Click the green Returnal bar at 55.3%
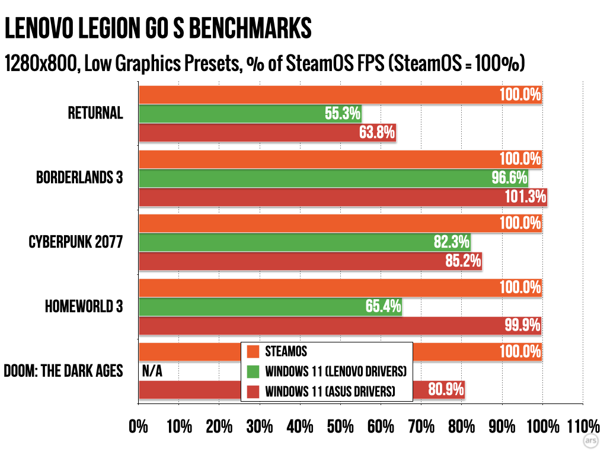click(250, 114)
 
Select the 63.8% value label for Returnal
click(377, 132)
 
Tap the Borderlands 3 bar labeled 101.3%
click(342, 196)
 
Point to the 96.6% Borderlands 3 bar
click(333, 178)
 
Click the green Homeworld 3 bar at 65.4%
click(270, 306)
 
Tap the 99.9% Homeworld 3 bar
click(340, 325)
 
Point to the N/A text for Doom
click(152, 371)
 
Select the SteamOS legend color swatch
click(253, 351)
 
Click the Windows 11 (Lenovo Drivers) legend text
click(336, 371)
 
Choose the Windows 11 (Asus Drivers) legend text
click(330, 391)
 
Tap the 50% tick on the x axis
click(340, 427)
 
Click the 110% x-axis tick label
click(583, 427)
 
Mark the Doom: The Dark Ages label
click(63, 371)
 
